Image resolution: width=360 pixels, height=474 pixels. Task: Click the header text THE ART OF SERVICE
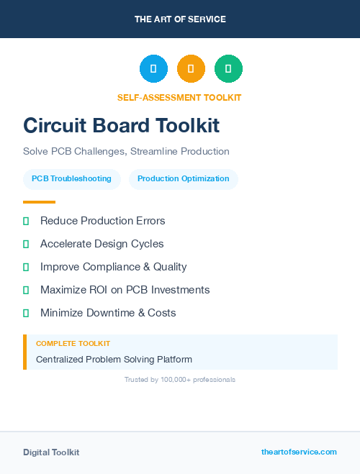180,19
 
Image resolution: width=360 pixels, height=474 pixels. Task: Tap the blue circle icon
153,69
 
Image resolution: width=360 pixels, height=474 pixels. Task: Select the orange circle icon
191,69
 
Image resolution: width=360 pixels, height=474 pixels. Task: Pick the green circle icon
228,69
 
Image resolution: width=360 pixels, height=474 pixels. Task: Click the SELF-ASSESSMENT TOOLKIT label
179,98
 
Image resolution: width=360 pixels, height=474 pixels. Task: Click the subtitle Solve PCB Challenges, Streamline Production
126,152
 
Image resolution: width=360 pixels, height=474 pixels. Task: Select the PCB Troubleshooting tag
71,178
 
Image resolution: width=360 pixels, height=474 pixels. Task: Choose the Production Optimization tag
183,178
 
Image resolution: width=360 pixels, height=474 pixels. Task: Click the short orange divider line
39,202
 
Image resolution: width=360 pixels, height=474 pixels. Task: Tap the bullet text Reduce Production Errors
102,221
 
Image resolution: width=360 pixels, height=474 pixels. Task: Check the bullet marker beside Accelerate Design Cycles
26,244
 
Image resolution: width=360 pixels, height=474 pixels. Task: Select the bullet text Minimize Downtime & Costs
108,313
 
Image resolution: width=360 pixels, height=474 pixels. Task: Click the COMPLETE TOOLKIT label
73,344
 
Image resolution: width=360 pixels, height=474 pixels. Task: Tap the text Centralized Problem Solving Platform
114,359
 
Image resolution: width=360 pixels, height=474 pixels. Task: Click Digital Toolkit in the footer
51,452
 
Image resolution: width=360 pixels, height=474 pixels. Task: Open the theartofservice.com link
299,452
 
